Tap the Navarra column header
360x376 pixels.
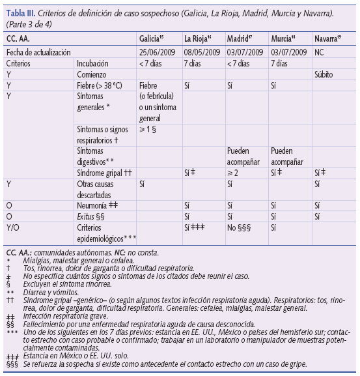coord(329,39)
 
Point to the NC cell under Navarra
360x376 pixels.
coord(319,51)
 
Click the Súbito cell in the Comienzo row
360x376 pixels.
coord(324,74)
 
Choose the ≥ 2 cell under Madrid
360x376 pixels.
coord(234,173)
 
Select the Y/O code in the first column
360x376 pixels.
coord(12,227)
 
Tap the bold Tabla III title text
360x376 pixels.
coord(23,13)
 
